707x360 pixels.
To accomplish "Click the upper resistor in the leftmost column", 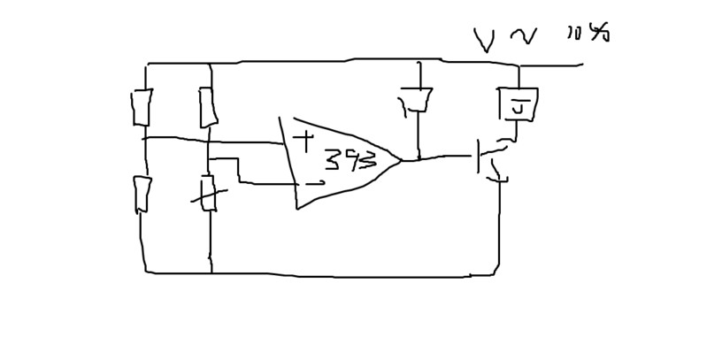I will pyautogui.click(x=142, y=108).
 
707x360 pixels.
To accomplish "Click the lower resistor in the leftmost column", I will pyautogui.click(x=142, y=195).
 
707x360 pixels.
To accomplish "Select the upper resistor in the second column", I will pyautogui.click(x=208, y=108).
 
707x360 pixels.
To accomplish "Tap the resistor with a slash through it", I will pyautogui.click(x=208, y=194).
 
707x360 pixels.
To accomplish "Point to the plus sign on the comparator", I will pyautogui.click(x=304, y=141).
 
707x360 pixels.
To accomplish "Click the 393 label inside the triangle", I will pyautogui.click(x=350, y=161).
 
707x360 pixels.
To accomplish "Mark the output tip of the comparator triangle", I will pyautogui.click(x=400, y=160).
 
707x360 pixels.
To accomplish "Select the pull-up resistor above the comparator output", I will pyautogui.click(x=418, y=101).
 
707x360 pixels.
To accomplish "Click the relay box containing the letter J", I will pyautogui.click(x=519, y=104).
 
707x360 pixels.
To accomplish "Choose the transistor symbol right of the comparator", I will pyautogui.click(x=489, y=159).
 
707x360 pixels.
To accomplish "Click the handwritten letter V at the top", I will pyautogui.click(x=484, y=40).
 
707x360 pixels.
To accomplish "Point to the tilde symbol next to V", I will pyautogui.click(x=523, y=36).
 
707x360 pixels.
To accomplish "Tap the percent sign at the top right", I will pyautogui.click(x=600, y=33).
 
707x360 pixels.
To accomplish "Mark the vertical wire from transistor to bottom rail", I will pyautogui.click(x=499, y=226).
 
